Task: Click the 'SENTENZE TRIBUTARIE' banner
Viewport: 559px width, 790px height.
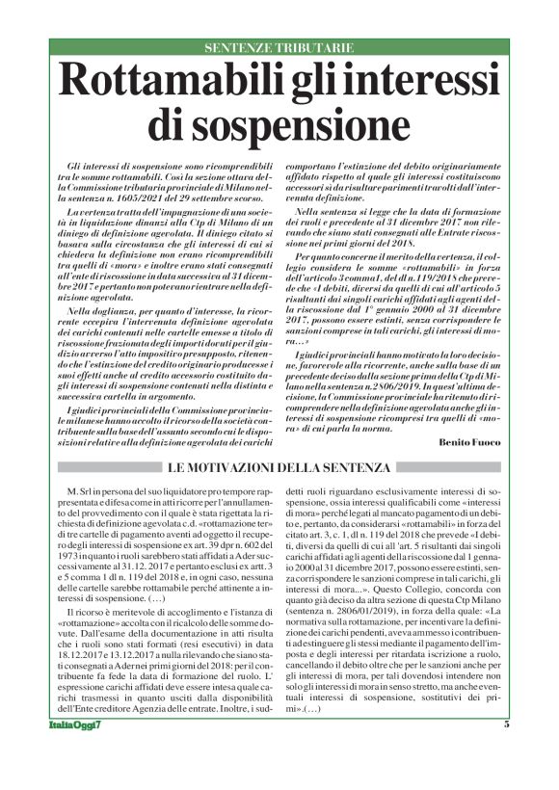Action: (x=279, y=48)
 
